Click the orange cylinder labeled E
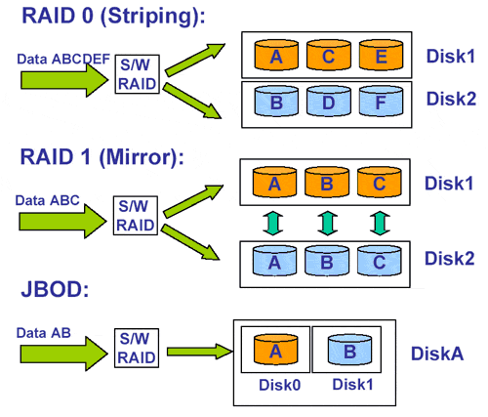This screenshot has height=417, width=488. (381, 55)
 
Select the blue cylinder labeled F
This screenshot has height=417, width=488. (381, 102)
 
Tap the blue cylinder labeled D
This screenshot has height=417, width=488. (329, 102)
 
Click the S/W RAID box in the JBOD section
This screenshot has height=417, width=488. (137, 348)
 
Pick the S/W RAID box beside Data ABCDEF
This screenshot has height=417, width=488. (138, 74)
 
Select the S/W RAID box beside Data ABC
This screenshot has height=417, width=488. (136, 216)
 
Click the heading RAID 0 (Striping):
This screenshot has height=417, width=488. (113, 17)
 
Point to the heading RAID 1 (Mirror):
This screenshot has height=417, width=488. (102, 157)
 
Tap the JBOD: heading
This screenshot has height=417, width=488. (55, 289)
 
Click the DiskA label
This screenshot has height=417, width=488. (437, 354)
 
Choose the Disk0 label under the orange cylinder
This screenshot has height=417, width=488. (279, 385)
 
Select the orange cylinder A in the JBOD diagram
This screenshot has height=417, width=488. (275, 350)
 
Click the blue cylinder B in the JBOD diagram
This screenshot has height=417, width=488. (349, 350)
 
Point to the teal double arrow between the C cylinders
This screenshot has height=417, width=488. (380, 224)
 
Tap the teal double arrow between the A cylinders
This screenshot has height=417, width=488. (272, 224)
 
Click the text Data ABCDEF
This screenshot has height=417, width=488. (63, 59)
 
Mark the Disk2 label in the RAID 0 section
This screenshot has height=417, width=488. (451, 99)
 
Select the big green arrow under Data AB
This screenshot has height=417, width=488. (64, 354)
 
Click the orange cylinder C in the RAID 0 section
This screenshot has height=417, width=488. (329, 55)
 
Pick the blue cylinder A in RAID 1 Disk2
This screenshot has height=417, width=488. (274, 261)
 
